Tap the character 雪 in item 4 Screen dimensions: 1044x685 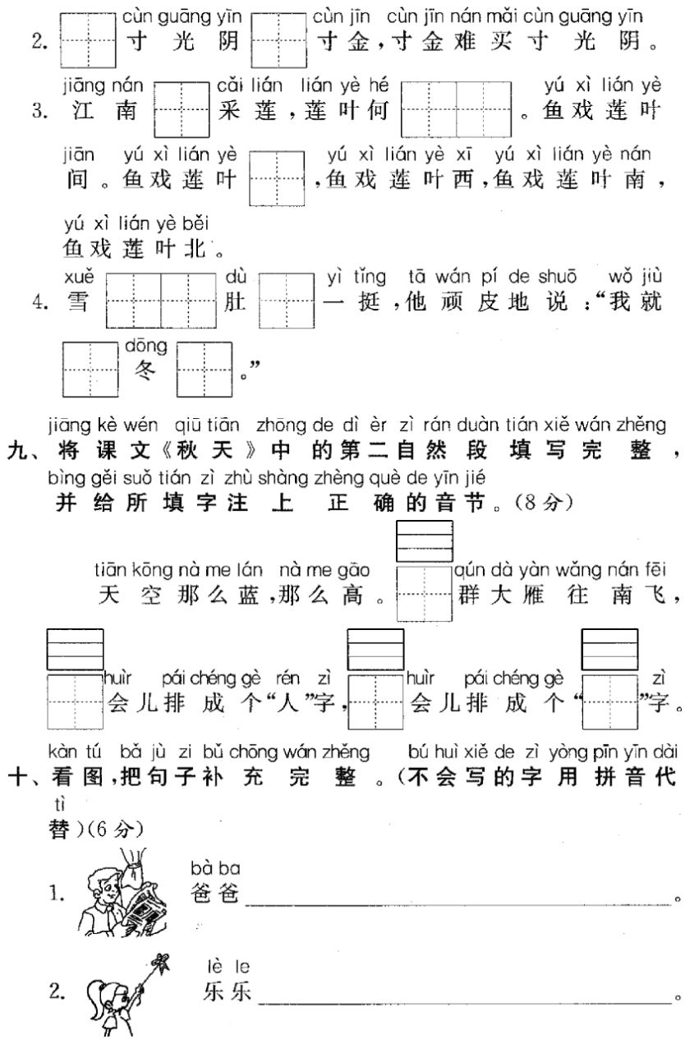click(79, 301)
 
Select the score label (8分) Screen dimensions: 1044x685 click(524, 506)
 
